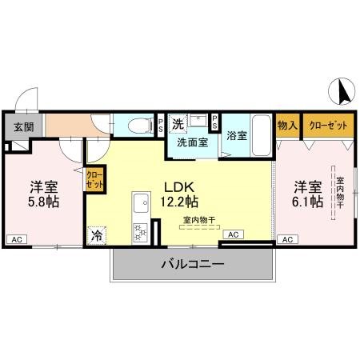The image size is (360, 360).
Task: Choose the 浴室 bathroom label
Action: tap(237, 136)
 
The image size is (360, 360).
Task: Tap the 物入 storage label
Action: tap(287, 126)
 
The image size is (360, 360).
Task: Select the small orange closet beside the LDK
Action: tap(94, 178)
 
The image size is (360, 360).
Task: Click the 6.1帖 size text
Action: tap(308, 202)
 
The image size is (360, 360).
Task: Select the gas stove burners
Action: tap(140, 232)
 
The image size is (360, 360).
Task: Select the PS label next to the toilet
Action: tap(161, 125)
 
